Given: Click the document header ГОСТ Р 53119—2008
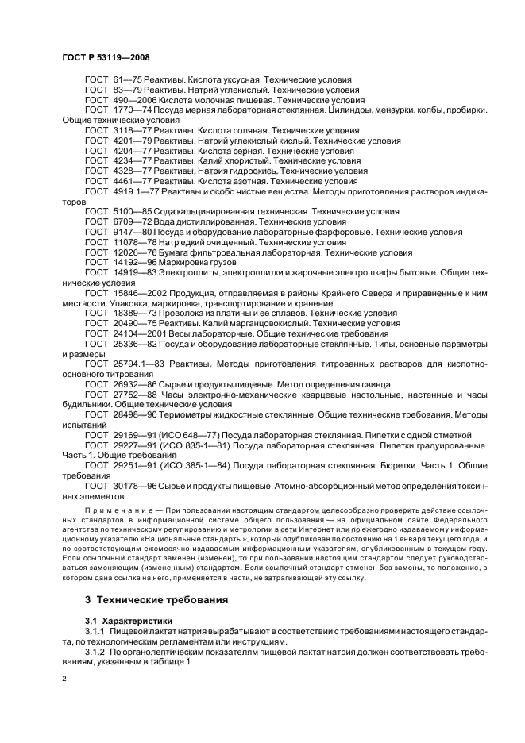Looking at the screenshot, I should (105, 58).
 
